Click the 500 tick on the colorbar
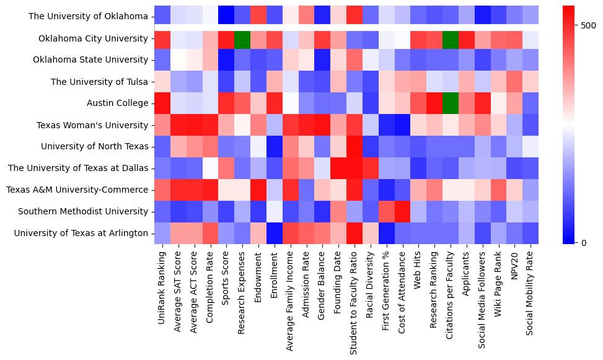(588, 25)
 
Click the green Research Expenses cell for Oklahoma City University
(242, 38)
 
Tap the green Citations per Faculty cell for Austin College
(451, 103)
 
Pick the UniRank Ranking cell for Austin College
(162, 103)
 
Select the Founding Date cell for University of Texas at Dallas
(338, 168)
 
